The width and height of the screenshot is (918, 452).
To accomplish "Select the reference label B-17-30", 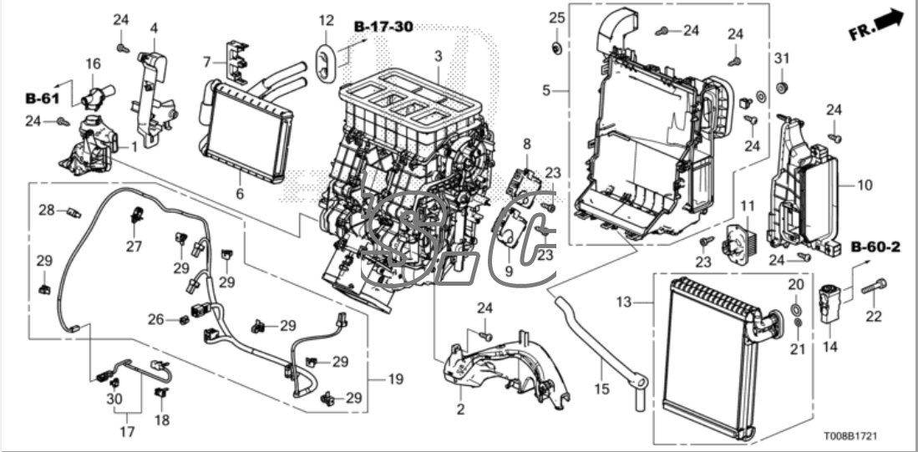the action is [x=383, y=27].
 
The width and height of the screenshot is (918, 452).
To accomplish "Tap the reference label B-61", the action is [x=42, y=98].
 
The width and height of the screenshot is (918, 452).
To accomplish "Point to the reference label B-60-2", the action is [x=875, y=247].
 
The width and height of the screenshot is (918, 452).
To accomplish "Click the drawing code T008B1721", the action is [x=850, y=437].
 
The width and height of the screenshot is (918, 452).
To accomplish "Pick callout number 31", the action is [x=782, y=58].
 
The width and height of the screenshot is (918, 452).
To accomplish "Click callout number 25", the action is [x=557, y=18].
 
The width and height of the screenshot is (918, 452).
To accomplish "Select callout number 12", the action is [x=326, y=21].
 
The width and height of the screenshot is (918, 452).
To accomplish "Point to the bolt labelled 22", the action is [x=874, y=287].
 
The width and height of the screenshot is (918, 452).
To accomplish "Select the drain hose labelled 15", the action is [x=600, y=345].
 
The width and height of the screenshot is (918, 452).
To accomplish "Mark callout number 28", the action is [x=46, y=210].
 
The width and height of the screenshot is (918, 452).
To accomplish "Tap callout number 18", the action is [x=162, y=419].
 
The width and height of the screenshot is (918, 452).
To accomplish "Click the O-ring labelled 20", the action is [x=796, y=308].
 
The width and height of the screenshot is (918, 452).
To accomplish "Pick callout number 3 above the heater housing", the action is [x=439, y=57].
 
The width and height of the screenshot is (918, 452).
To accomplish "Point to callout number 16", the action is [x=93, y=63].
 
